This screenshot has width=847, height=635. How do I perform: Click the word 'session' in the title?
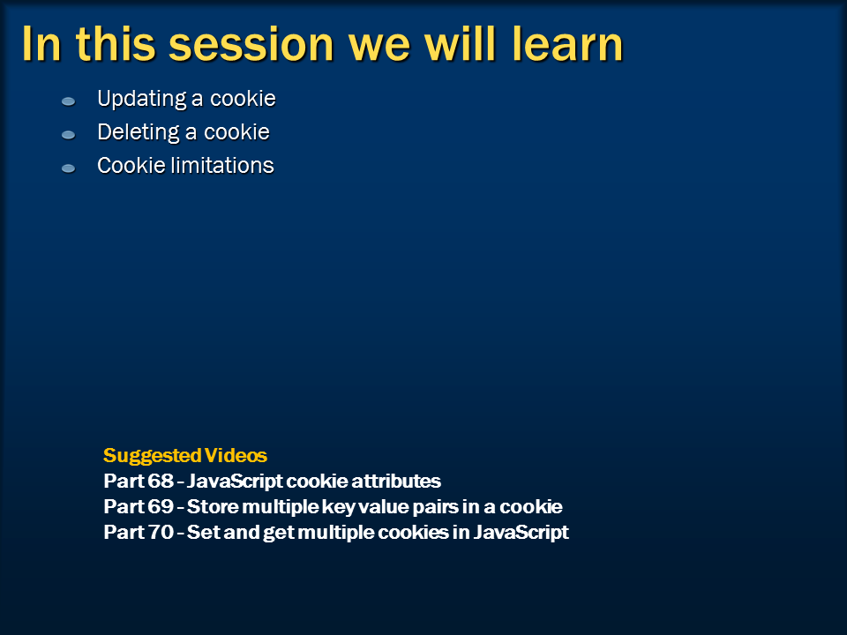pyautogui.click(x=251, y=45)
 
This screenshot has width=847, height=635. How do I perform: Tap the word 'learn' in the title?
pyautogui.click(x=567, y=44)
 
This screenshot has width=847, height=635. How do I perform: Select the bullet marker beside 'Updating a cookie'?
pyautogui.click(x=68, y=101)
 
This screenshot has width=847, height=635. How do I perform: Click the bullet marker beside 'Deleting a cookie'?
pyautogui.click(x=68, y=135)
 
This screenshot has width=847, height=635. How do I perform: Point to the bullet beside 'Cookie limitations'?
pyautogui.click(x=68, y=168)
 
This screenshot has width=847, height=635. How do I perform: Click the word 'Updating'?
pyautogui.click(x=142, y=100)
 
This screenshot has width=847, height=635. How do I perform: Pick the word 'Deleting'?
pyautogui.click(x=139, y=133)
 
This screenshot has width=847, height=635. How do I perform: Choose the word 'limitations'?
pyautogui.click(x=222, y=165)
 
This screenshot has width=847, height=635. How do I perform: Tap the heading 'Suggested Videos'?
pyautogui.click(x=185, y=455)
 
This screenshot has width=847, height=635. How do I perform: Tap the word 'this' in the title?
pyautogui.click(x=116, y=44)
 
